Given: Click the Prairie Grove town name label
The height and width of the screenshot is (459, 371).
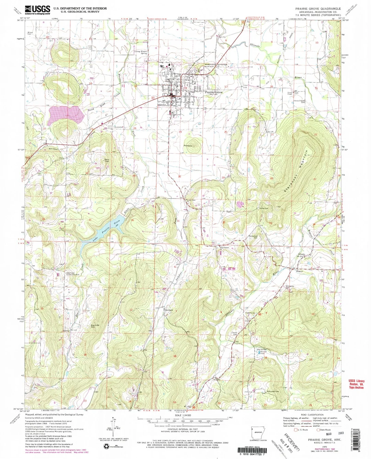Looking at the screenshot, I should pyautogui.click(x=214, y=92).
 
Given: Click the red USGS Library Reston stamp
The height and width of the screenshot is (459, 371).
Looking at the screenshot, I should pyautogui.click(x=356, y=384).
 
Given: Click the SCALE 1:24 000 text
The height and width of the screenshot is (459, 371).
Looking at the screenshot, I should pyautogui.click(x=183, y=415).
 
